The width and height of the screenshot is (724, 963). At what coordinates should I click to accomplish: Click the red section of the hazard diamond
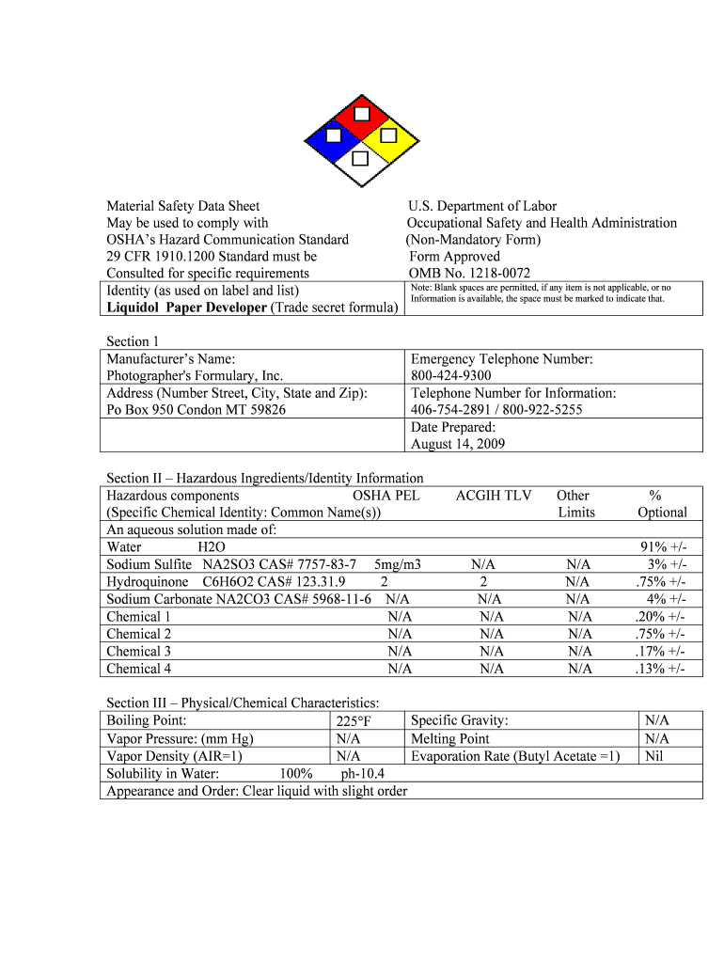coord(361,114)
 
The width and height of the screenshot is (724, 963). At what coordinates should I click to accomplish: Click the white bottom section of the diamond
coord(360,169)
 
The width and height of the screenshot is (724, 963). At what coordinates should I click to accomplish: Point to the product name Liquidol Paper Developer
coord(187,308)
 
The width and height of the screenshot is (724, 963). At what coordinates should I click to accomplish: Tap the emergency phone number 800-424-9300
coord(450,376)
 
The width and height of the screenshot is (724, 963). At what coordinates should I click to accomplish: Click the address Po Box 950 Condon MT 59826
coord(197,410)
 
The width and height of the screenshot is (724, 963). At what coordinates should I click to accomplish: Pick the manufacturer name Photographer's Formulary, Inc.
coord(195,376)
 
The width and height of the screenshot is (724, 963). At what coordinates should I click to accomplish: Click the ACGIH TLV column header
coord(494,496)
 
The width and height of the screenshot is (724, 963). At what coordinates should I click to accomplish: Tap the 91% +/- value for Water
coord(663,547)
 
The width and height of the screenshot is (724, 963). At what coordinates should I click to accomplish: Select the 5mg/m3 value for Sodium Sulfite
coord(397,564)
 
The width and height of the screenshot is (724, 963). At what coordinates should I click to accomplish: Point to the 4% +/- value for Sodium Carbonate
coord(666,599)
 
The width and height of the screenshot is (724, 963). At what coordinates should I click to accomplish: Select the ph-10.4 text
coord(362,773)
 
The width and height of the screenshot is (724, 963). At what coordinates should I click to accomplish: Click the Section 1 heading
coord(133,341)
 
